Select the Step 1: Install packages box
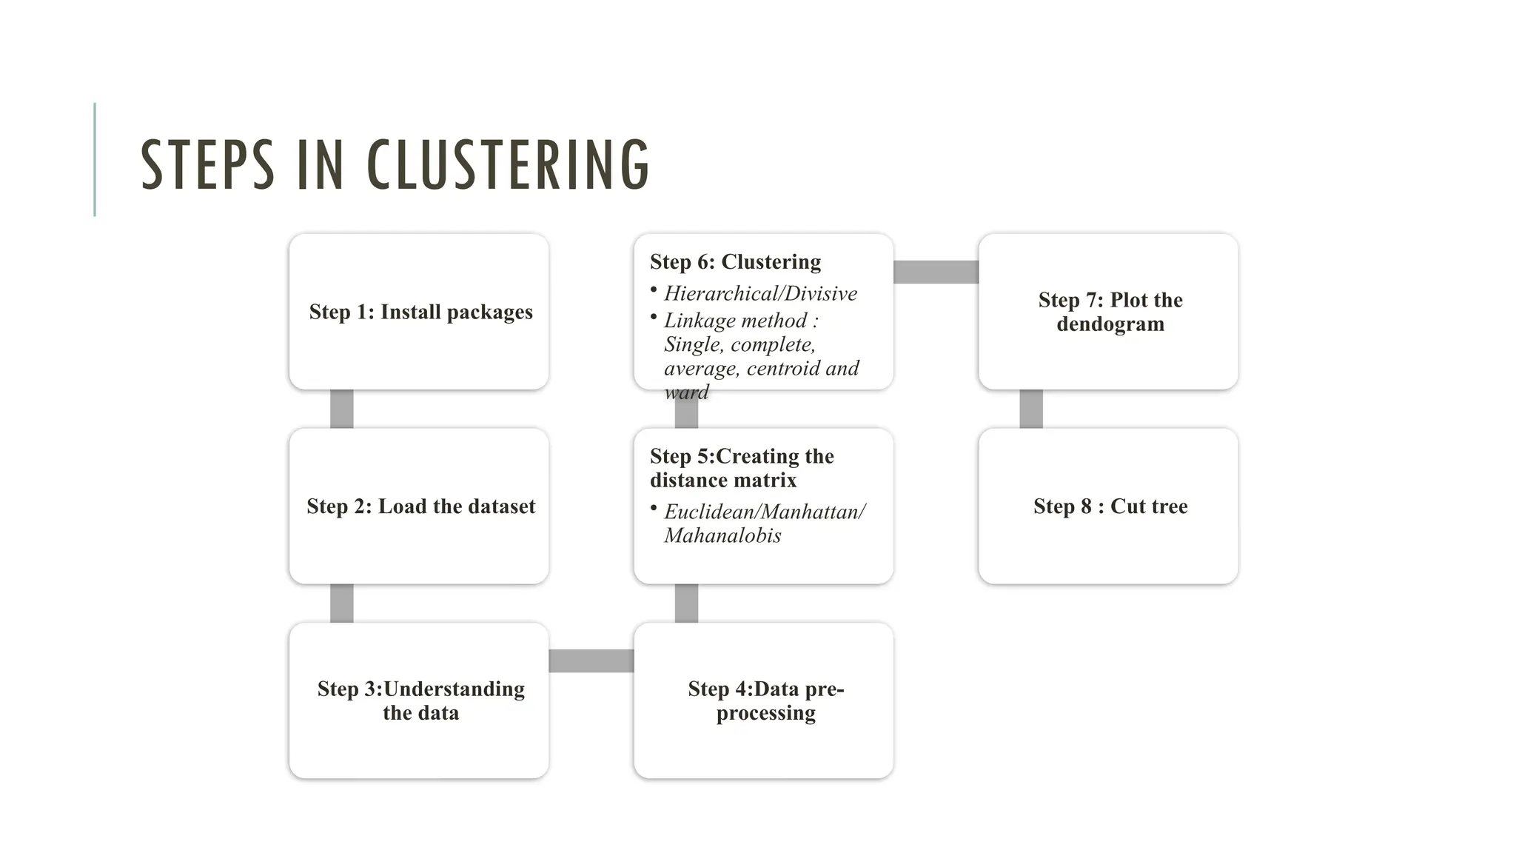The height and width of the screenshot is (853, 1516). pos(419,312)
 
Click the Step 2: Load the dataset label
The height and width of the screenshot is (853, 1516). pos(420,506)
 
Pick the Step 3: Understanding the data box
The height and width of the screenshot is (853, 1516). pos(419,700)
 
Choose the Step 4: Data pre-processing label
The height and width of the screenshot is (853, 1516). pos(765,700)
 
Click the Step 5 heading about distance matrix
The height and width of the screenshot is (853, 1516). pos(741,468)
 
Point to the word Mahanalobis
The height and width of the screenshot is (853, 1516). pos(722,535)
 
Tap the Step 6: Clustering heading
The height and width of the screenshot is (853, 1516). pos(735,262)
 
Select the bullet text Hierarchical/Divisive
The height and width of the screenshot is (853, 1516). pos(760,294)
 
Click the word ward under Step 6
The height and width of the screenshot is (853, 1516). pos(686,392)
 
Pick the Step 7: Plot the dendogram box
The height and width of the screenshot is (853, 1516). pos(1109,312)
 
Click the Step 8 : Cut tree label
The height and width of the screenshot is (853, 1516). pos(1110,506)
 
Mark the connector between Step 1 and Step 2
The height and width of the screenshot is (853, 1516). pos(341,409)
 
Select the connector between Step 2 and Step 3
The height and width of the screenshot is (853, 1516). pos(341,603)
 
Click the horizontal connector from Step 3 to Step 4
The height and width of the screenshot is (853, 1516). pos(591,660)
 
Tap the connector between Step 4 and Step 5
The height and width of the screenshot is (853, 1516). pos(686,603)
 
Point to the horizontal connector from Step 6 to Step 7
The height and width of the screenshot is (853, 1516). pos(936,272)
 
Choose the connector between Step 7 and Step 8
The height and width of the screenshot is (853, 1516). pos(1030,409)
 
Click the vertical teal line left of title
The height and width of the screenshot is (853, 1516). pos(95,159)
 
